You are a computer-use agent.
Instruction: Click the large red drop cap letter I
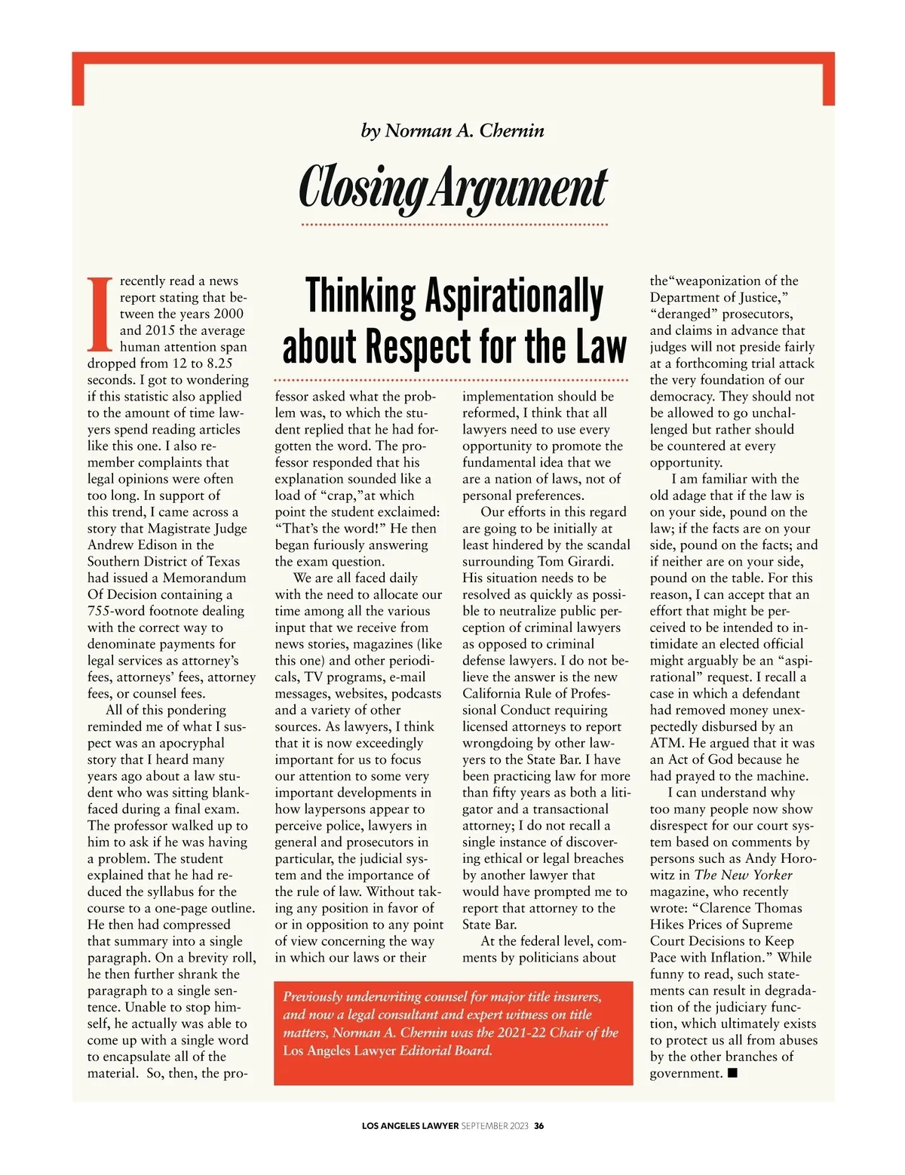(100, 314)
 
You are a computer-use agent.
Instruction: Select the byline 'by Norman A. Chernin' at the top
(452, 130)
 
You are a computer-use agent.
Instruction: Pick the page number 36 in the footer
(538, 1126)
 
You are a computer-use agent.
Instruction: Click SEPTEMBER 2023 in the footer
(495, 1126)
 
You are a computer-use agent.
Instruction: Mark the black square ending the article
(732, 1072)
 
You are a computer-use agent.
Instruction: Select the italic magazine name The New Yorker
(744, 875)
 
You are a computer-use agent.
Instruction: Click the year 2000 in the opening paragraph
(229, 314)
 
